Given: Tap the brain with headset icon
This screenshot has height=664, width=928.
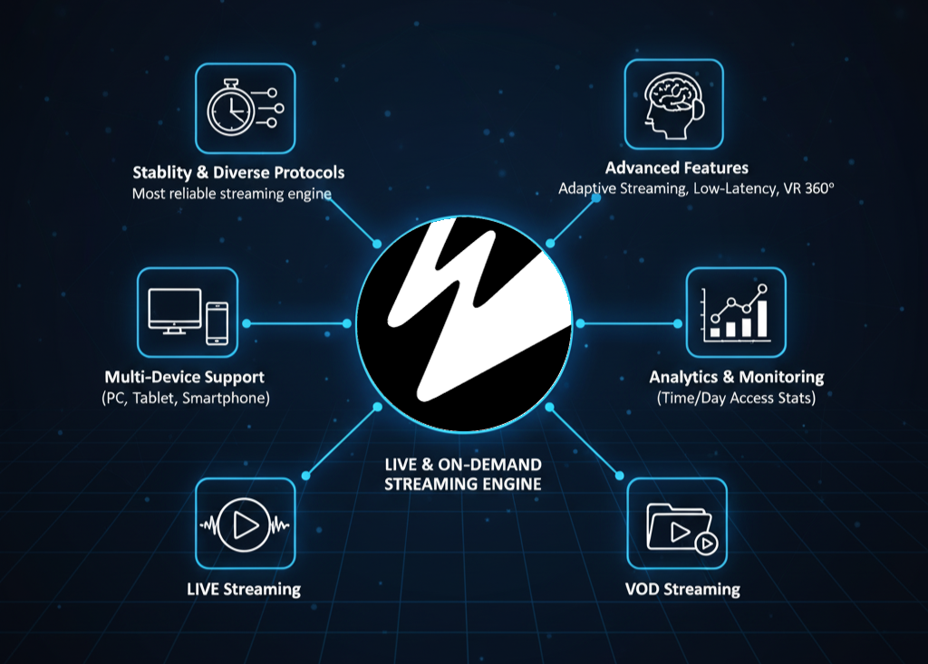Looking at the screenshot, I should pos(673,104).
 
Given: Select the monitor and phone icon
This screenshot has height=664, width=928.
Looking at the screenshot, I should pos(187,311).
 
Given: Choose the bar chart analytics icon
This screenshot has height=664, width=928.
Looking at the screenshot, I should pos(735,311).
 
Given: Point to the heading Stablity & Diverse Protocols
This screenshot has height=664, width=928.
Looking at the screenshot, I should pos(238,172).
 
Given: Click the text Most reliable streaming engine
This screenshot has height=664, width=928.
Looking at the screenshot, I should pos(231,193).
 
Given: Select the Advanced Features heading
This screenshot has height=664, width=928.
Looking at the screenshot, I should pos(676,168).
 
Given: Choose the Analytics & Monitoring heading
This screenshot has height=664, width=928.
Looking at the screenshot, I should pos(736,377).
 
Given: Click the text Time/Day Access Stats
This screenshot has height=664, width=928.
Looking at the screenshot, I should pos(736,398).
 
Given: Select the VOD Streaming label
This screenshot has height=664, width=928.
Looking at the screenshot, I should pos(681,590).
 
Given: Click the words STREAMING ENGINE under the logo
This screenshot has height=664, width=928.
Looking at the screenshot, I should pos(462,484).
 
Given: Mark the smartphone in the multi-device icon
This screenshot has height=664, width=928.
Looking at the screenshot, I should pos(217,322).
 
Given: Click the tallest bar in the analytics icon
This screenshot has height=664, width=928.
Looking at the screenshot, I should pos(762,317).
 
